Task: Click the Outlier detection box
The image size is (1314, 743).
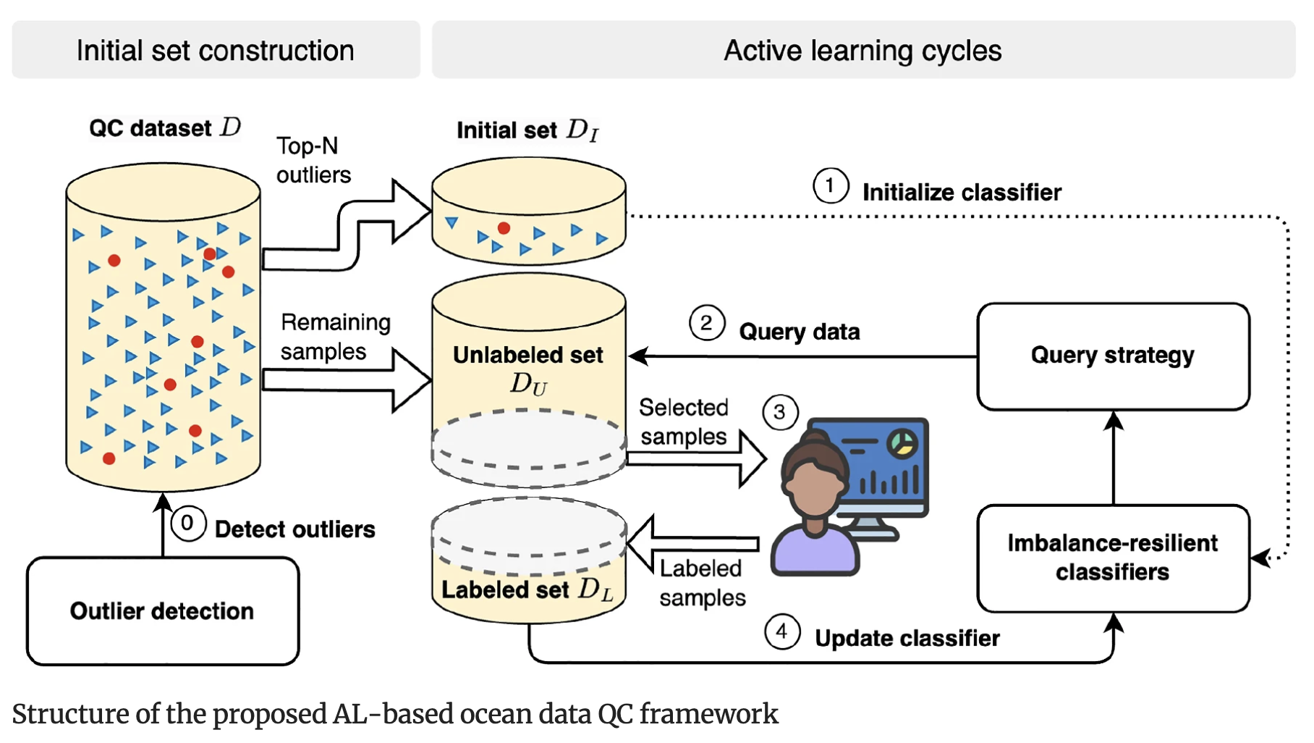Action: pyautogui.click(x=163, y=610)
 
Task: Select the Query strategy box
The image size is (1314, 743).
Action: pyautogui.click(x=1112, y=356)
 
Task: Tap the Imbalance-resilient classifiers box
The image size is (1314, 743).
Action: pyautogui.click(x=1112, y=558)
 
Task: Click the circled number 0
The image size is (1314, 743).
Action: pyautogui.click(x=187, y=523)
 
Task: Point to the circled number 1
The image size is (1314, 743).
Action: pyautogui.click(x=830, y=185)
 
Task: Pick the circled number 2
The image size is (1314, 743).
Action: pyautogui.click(x=706, y=323)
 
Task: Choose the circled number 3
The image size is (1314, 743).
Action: pyautogui.click(x=779, y=412)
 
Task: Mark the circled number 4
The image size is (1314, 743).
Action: pyautogui.click(x=781, y=631)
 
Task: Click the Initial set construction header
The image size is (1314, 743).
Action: pyautogui.click(x=216, y=50)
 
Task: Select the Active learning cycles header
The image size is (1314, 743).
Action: pyautogui.click(x=862, y=50)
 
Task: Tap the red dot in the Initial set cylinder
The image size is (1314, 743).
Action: pyautogui.click(x=504, y=228)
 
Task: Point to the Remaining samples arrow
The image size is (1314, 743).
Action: pyautogui.click(x=347, y=380)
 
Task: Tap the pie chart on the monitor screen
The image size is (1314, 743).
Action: pyautogui.click(x=902, y=443)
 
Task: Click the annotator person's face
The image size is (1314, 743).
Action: pyautogui.click(x=814, y=487)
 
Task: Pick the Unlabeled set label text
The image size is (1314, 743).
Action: pyautogui.click(x=528, y=355)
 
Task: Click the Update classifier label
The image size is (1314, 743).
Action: pyautogui.click(x=907, y=638)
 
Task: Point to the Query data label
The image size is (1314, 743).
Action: pyautogui.click(x=799, y=332)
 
